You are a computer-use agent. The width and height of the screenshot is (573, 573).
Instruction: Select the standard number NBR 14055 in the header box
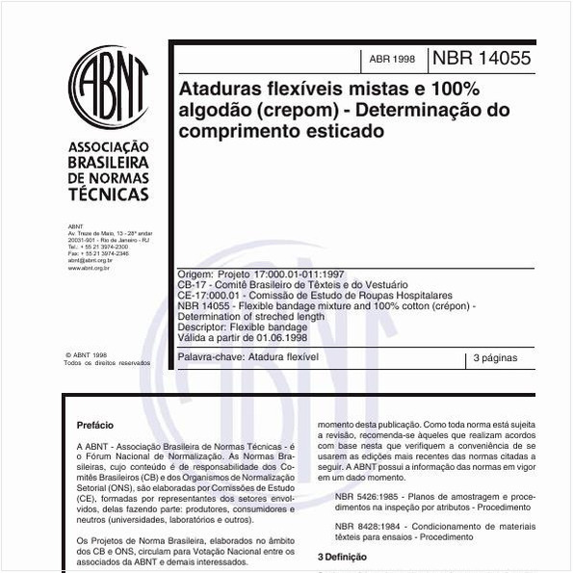click(x=481, y=58)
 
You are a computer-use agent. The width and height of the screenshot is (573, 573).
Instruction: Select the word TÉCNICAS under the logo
click(x=106, y=195)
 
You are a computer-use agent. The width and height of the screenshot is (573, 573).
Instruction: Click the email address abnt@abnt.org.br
click(x=90, y=261)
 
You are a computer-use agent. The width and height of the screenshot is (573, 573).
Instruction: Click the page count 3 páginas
click(x=497, y=358)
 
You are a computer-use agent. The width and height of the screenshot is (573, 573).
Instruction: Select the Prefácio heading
click(x=94, y=425)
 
